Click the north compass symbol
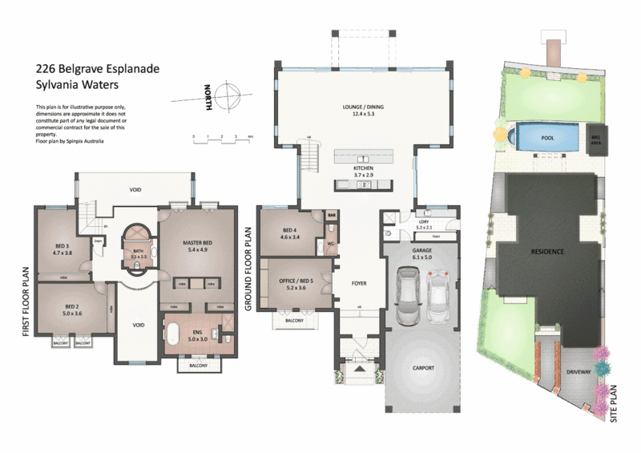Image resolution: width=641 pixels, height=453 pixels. pos(227,97)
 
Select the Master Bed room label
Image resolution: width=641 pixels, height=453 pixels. pos(197,245)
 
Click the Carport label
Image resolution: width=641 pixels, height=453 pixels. pos(422,368)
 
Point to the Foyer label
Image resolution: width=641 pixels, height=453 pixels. pos(359,283)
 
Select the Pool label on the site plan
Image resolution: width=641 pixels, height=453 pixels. pos(548,138)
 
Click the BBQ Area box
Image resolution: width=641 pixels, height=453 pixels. pos(595,137)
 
